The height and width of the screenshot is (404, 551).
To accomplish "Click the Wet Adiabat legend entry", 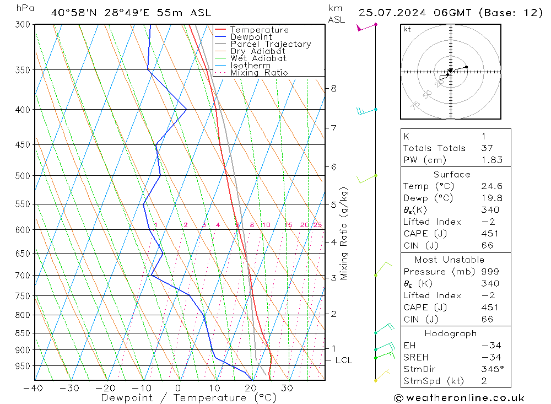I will click(258, 58).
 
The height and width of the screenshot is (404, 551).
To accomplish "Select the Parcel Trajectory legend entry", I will click(270, 44).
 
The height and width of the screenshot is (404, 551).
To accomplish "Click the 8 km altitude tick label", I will click(334, 88).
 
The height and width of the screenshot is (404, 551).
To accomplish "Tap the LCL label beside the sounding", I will click(343, 360).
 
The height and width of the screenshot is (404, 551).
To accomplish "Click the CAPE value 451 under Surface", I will click(489, 234).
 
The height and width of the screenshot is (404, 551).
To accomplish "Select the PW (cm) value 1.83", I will click(491, 160).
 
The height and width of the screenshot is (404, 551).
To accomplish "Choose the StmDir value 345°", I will click(491, 369).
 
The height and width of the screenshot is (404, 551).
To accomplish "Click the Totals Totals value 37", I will click(487, 148).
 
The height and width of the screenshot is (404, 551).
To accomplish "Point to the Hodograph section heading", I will click(451, 334).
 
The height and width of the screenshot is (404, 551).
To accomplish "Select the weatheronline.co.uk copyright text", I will click(460, 398).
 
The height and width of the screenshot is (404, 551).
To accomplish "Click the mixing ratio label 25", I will click(317, 225).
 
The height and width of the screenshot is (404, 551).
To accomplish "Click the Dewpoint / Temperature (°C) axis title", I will click(188, 398).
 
